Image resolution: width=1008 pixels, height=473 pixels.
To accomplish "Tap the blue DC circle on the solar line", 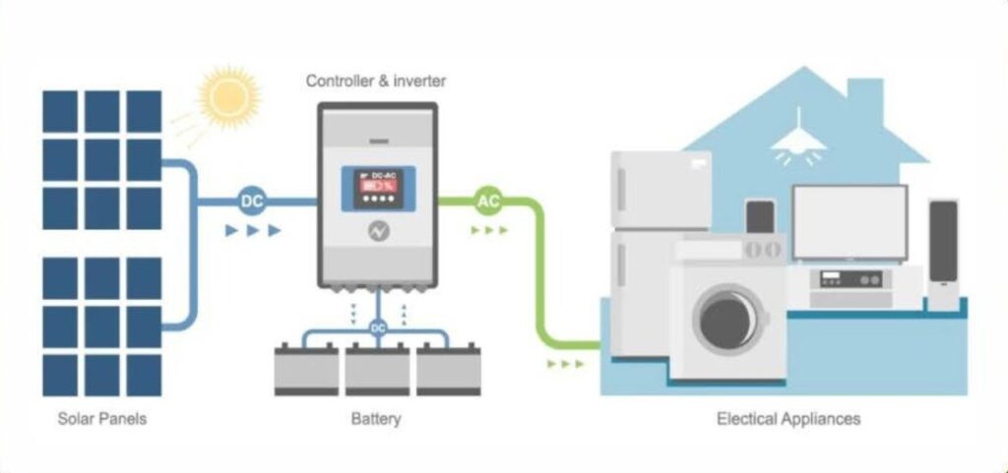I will point(252,203).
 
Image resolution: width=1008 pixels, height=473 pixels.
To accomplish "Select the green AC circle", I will point(488,202).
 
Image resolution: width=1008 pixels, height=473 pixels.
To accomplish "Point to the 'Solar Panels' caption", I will point(101,419).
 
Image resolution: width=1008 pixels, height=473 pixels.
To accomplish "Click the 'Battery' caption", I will point(376,419).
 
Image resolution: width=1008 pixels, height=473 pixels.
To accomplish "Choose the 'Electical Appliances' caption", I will point(787,419).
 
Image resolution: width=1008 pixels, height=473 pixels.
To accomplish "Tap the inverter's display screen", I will point(378,187).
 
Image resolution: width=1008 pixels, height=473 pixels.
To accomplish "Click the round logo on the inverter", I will point(378,230).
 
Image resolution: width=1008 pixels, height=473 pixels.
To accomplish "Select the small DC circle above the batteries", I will point(378,326).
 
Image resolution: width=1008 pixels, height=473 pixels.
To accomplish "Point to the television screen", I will point(850,222).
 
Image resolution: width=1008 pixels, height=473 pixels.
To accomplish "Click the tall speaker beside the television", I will point(943,251).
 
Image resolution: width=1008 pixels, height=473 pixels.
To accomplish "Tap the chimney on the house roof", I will point(865,98).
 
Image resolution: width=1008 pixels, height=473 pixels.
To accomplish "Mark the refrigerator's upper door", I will point(660,190).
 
